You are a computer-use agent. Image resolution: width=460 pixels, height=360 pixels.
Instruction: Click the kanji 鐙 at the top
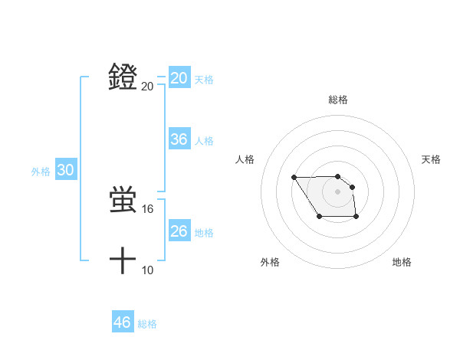[123, 77]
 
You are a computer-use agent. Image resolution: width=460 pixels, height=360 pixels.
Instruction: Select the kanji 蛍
[123, 200]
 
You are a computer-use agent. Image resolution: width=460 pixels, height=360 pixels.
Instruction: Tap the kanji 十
[123, 261]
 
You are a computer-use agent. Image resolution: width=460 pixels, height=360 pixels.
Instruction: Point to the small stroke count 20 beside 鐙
[147, 87]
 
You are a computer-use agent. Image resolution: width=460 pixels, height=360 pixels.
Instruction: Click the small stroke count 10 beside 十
[147, 270]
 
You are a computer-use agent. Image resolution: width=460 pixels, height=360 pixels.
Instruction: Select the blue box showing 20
[179, 78]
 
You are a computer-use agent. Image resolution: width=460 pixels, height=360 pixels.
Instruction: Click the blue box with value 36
[179, 139]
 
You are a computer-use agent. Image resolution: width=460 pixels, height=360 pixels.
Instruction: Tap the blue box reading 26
[179, 231]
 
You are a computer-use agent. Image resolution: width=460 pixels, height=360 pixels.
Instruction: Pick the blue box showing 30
[65, 170]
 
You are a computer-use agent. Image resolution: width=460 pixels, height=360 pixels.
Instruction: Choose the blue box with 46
[123, 322]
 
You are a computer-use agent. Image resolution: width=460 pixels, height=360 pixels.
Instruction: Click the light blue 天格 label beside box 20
[204, 80]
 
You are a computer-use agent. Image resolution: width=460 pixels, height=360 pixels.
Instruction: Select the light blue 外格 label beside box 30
[41, 172]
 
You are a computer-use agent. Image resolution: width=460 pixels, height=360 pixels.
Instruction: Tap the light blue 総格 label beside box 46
[147, 325]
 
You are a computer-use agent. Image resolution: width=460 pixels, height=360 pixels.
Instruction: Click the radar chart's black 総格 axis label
[338, 100]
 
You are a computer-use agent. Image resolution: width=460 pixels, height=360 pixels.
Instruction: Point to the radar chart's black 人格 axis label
[245, 159]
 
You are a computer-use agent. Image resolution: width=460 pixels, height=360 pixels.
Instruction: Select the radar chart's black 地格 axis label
[402, 263]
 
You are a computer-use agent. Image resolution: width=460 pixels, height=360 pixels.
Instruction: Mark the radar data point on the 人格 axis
[294, 178]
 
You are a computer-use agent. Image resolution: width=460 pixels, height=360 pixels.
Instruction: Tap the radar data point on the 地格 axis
[356, 218]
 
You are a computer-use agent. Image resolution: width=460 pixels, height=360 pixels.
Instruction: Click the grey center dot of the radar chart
[338, 191]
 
